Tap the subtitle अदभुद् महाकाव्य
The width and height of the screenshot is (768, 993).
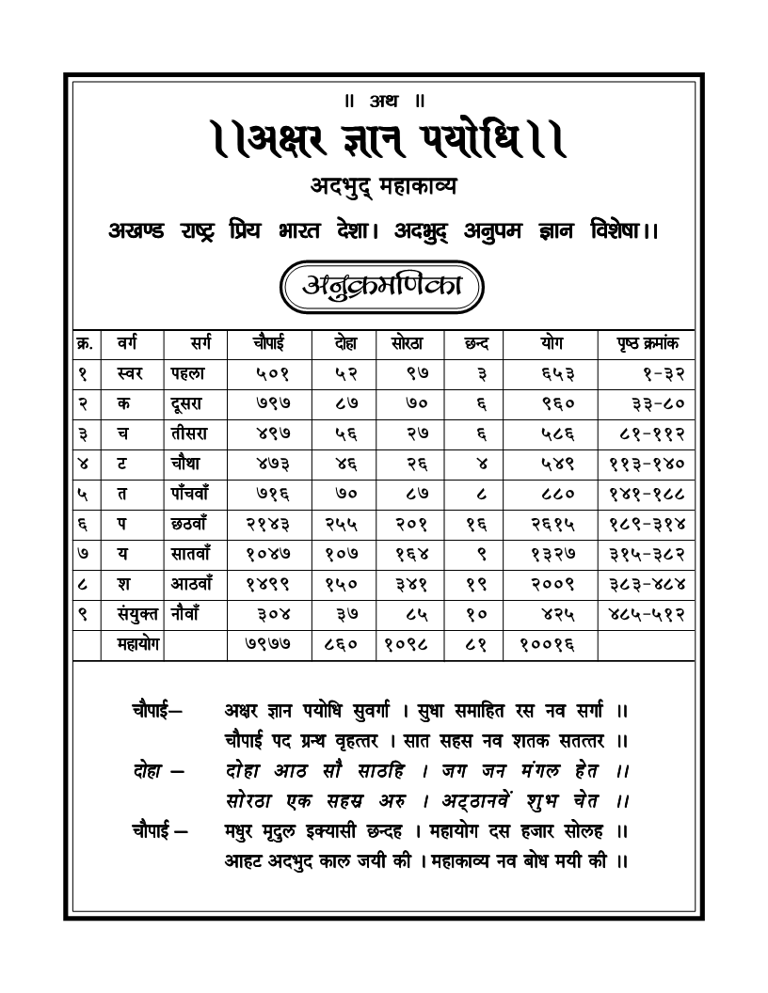click(x=383, y=187)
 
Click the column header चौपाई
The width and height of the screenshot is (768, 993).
click(x=267, y=343)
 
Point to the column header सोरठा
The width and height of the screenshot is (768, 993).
click(x=407, y=343)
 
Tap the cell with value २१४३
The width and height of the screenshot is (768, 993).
click(x=266, y=524)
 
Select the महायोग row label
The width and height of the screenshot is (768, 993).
click(x=131, y=644)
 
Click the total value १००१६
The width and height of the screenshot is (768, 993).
click(x=546, y=645)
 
